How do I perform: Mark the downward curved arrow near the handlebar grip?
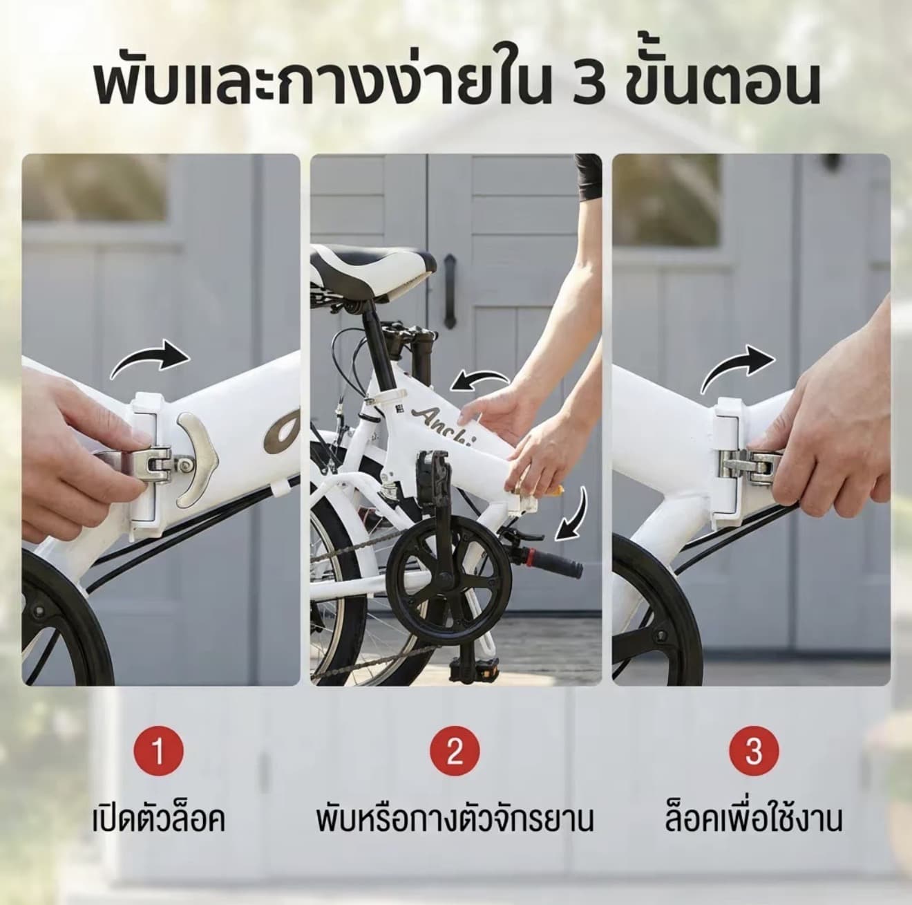(x=575, y=516)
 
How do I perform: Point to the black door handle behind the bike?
(x=450, y=291)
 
